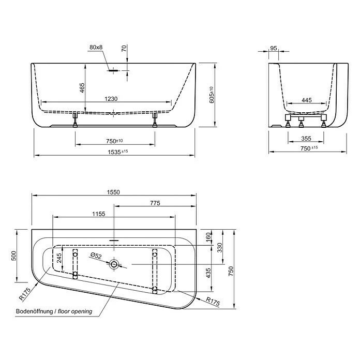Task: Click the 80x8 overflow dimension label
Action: pos(96,48)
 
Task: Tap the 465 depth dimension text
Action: pos(82,88)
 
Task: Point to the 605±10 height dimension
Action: pos(211,95)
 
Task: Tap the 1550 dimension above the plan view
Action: pos(113,192)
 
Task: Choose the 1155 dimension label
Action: pos(99,214)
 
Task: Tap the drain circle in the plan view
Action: pos(114,265)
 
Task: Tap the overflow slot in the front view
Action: pos(114,71)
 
